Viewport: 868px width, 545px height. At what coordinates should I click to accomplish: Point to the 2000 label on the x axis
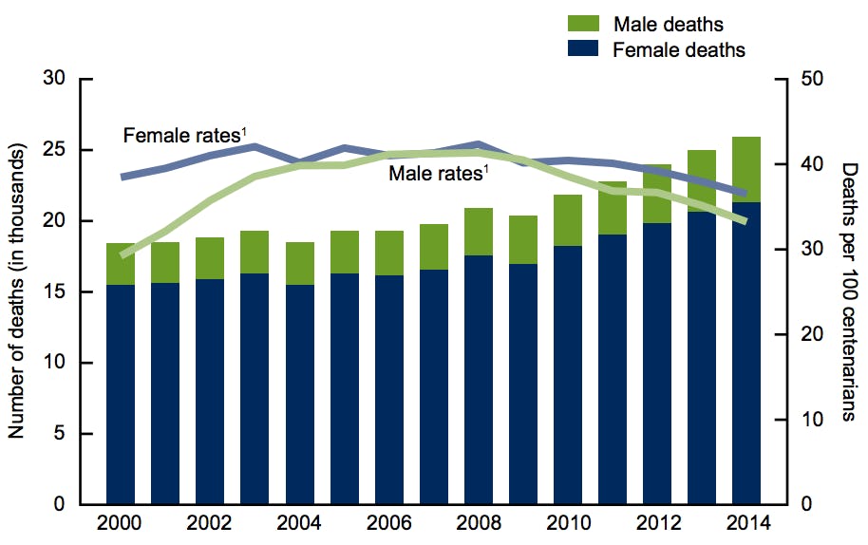[x=120, y=523]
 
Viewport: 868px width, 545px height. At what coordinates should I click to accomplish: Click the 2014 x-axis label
[x=746, y=523]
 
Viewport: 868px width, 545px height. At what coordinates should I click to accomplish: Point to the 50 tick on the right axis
[x=814, y=79]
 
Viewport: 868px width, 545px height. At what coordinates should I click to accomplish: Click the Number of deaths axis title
[x=16, y=291]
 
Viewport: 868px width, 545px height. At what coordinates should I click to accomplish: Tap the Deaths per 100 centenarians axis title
[x=848, y=291]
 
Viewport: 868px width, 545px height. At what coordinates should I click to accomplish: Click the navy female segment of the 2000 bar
[x=120, y=394]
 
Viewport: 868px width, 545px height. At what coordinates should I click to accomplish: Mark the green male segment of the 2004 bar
[x=299, y=263]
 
